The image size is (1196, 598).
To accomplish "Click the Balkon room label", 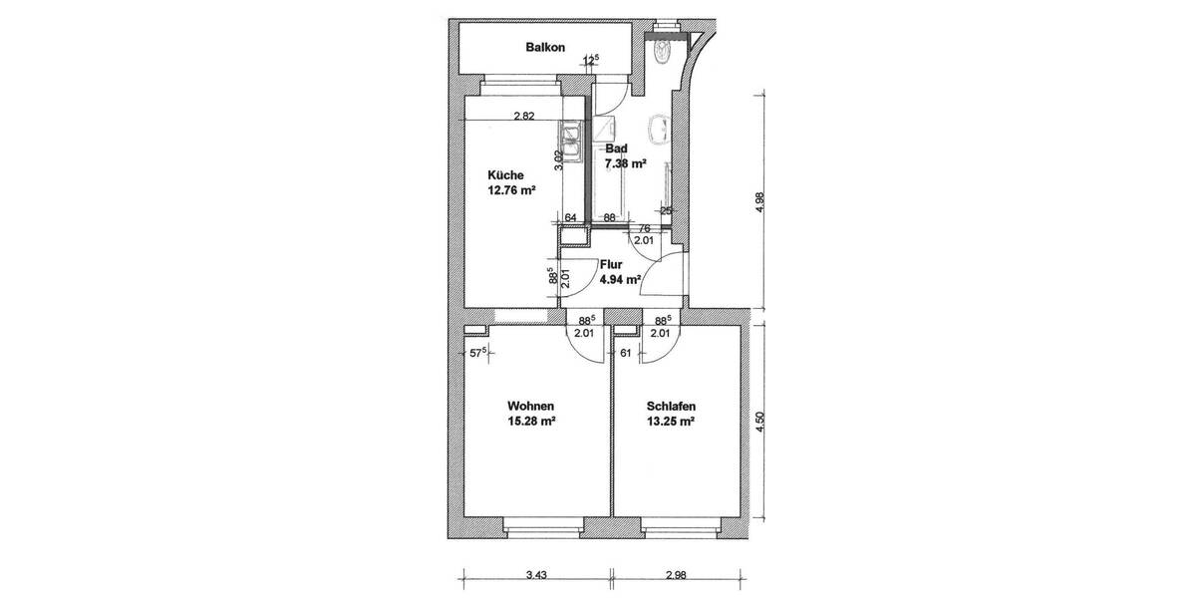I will click(x=545, y=47).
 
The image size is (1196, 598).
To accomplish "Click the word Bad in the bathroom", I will click(x=617, y=149).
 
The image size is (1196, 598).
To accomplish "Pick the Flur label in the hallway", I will click(x=611, y=266).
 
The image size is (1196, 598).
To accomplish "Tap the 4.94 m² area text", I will click(x=619, y=280).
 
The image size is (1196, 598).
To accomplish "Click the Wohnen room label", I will click(x=530, y=407).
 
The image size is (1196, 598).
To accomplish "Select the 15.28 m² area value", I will click(x=530, y=421).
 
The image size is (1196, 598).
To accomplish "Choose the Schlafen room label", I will click(x=670, y=407).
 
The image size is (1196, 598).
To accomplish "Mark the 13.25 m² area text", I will click(x=670, y=421).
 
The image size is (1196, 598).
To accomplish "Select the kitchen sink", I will click(x=572, y=140).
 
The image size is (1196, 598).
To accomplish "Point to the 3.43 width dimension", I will click(x=535, y=576).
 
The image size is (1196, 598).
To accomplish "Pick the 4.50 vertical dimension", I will click(x=761, y=422).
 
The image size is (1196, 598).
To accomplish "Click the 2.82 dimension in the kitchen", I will click(x=524, y=116).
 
